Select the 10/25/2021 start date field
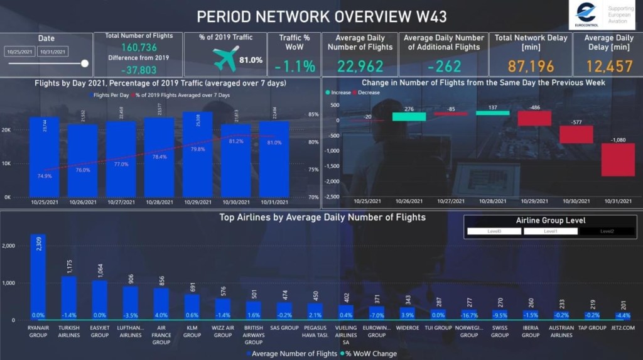pos(20,52)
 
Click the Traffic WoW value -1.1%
pos(294,66)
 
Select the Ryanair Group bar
pos(38,276)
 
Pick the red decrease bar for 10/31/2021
pos(618,160)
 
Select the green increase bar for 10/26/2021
pos(409,116)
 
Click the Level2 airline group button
pos(607,231)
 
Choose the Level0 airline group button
pos(494,231)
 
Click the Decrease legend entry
pos(365,92)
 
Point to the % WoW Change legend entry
pos(371,354)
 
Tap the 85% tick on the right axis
pos(313,114)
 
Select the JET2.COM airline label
pos(623,328)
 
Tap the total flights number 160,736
pos(139,48)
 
